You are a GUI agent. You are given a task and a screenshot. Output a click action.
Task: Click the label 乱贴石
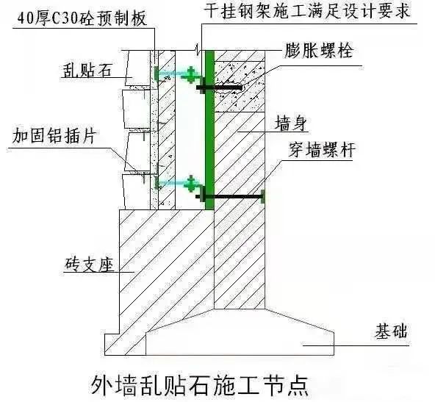87,71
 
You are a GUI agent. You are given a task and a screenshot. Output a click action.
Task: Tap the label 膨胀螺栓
319,51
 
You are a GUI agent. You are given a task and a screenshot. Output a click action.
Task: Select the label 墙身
290,123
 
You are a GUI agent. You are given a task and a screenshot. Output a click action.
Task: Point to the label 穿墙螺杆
322,150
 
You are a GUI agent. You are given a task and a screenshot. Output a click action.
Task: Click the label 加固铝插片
54,136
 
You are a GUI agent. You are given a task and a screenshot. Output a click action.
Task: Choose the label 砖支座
90,264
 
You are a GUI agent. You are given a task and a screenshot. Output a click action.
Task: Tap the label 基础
391,331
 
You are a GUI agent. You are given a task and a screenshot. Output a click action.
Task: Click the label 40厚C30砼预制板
82,19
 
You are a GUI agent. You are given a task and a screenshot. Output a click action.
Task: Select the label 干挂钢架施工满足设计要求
307,11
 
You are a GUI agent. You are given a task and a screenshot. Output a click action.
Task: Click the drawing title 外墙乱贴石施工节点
200,386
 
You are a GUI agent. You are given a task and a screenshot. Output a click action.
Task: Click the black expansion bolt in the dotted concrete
220,87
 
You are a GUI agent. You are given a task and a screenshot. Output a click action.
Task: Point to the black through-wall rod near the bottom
229,197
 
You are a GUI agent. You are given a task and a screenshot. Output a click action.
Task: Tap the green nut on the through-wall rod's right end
262,197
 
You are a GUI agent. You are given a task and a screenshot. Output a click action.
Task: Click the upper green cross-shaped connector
191,75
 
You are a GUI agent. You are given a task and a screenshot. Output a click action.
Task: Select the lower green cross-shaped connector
191,184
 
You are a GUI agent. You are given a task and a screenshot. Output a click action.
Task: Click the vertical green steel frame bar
209,130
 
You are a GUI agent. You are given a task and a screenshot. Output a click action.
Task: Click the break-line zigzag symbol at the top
198,50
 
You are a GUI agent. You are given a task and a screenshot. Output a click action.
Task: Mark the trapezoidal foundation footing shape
240,333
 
